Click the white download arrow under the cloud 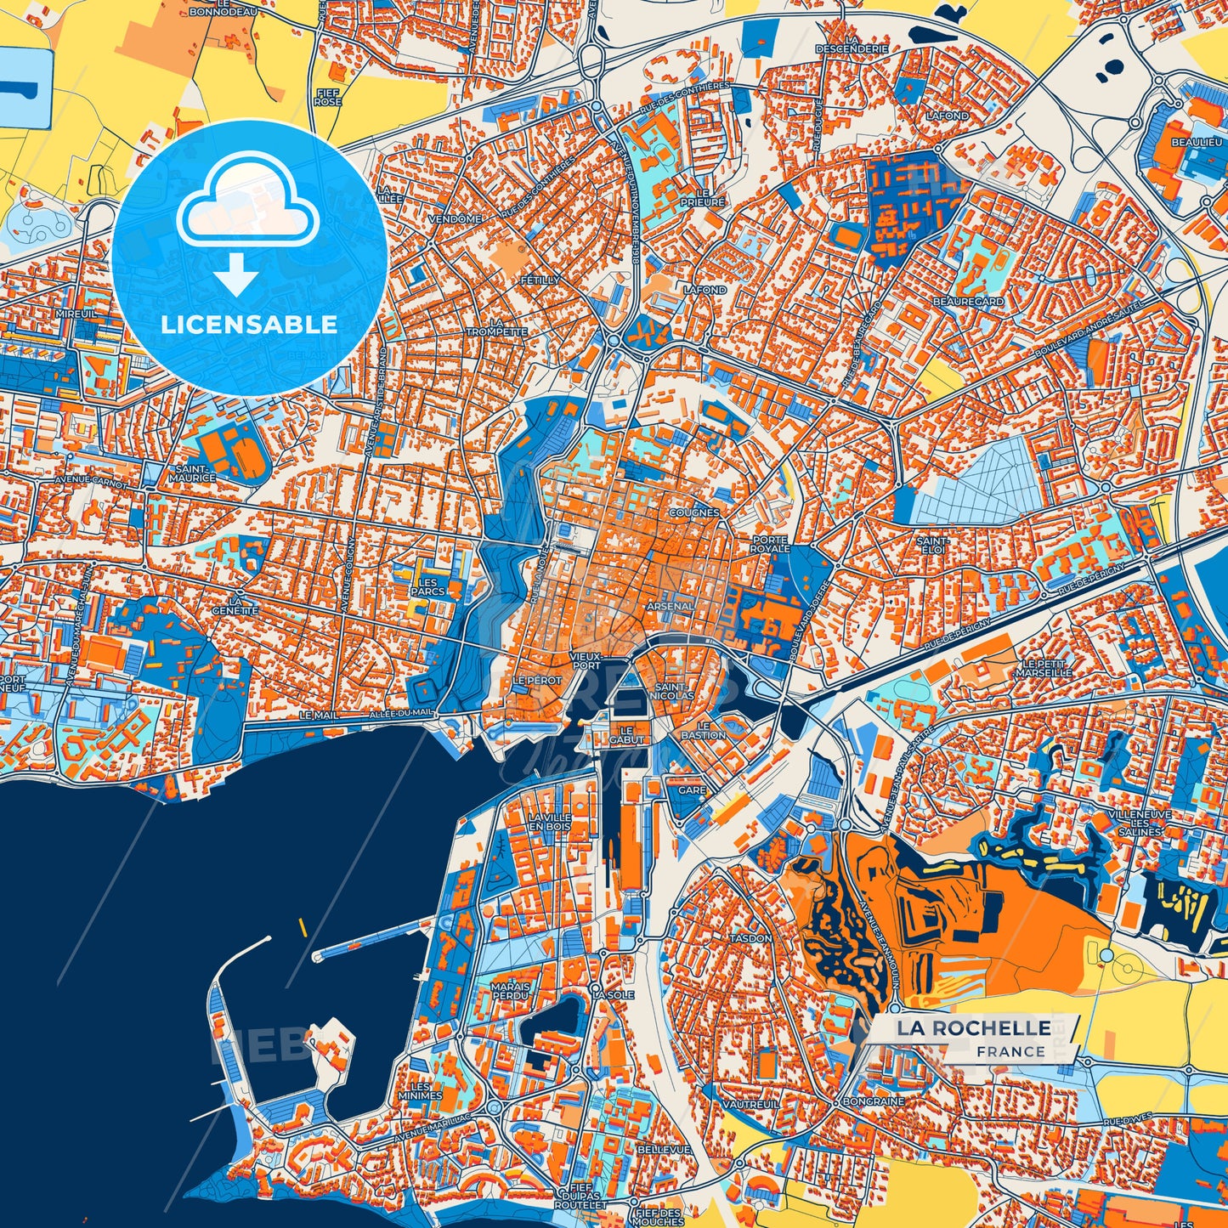pyautogui.click(x=236, y=274)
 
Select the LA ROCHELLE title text pyautogui.click(x=974, y=1028)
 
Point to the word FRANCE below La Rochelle pyautogui.click(x=1010, y=1051)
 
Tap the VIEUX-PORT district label pyautogui.click(x=585, y=661)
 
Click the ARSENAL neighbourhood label pyautogui.click(x=671, y=606)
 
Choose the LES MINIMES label pyautogui.click(x=426, y=1090)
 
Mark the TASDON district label pyautogui.click(x=750, y=938)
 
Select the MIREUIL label pyautogui.click(x=76, y=314)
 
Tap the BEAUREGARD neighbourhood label pyautogui.click(x=968, y=302)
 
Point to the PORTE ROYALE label pyautogui.click(x=771, y=544)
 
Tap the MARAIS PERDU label pyautogui.click(x=510, y=991)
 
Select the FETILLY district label pyautogui.click(x=540, y=280)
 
